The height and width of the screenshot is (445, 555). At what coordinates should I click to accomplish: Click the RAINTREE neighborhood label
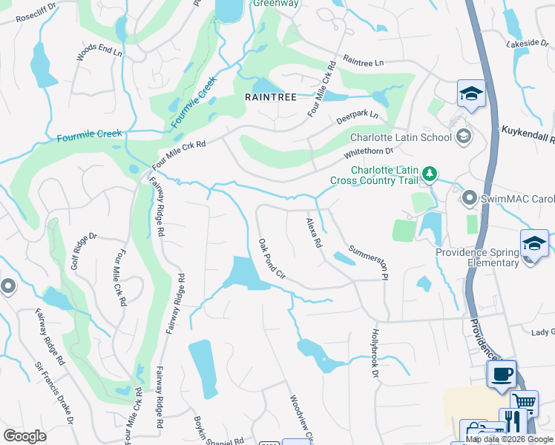[271, 97]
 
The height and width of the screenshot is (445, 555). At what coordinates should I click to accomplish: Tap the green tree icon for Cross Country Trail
[429, 174]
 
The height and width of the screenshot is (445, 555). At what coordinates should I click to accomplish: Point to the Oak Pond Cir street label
[272, 258]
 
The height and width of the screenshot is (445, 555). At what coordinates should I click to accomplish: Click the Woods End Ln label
[99, 52]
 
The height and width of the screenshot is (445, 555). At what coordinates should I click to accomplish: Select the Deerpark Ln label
[357, 116]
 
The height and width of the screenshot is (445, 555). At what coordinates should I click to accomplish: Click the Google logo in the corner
[24, 436]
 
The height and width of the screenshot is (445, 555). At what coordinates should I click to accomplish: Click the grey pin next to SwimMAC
[469, 199]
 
